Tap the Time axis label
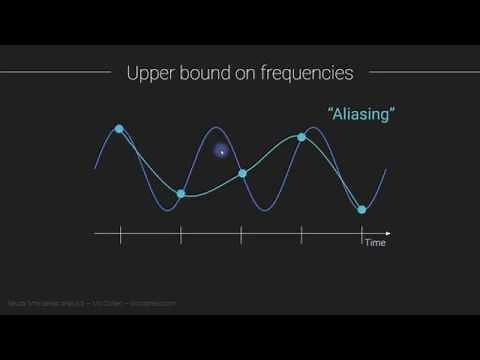[x=374, y=243]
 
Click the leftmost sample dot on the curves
[x=120, y=129]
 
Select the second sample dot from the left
[x=181, y=194]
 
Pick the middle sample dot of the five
[x=242, y=173]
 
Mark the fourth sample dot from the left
[x=302, y=137]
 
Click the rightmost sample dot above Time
[x=362, y=209]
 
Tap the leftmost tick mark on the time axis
[x=120, y=235]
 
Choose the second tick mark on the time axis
[x=181, y=235]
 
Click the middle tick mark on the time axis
[x=242, y=235]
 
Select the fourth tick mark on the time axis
[x=302, y=235]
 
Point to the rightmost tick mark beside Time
[x=362, y=235]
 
